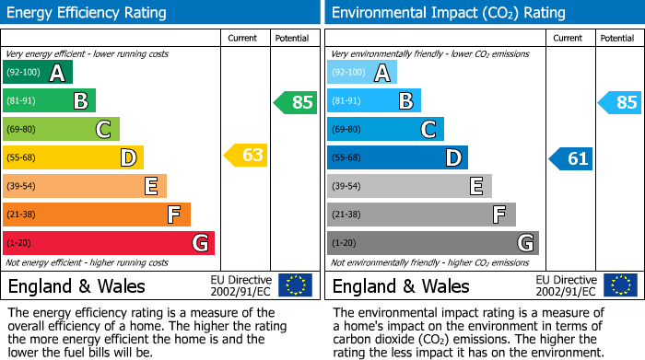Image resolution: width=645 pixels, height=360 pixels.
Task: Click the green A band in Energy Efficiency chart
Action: point(37,73)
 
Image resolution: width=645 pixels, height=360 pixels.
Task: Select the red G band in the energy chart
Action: point(109,243)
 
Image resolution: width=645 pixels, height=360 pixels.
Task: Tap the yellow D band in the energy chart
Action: point(73,157)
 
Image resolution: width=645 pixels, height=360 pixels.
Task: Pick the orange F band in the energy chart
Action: point(97,215)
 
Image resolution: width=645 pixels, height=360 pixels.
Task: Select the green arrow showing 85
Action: point(296,102)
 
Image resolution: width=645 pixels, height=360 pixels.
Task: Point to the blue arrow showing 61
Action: point(571,158)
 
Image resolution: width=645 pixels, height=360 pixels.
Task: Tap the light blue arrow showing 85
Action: point(620,102)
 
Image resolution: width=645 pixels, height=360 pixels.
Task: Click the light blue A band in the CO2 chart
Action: point(362,73)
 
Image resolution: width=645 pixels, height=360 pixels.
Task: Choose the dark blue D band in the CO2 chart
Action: point(397,157)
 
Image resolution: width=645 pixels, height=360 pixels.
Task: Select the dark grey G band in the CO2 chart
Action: point(433,243)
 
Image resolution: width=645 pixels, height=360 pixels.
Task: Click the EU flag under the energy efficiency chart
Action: point(295,285)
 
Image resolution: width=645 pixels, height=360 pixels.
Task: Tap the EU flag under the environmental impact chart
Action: point(620,285)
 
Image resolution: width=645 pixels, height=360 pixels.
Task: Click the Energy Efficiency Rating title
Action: point(88,13)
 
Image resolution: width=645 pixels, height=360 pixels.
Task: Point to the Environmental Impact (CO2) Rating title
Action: point(448,13)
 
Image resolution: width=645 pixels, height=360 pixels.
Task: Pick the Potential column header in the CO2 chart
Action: point(617,38)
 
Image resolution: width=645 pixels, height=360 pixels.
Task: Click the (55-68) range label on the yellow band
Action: point(23,158)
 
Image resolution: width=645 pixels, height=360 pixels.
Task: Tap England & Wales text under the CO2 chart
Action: point(401,286)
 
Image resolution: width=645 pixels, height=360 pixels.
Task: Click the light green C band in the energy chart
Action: point(61,129)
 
